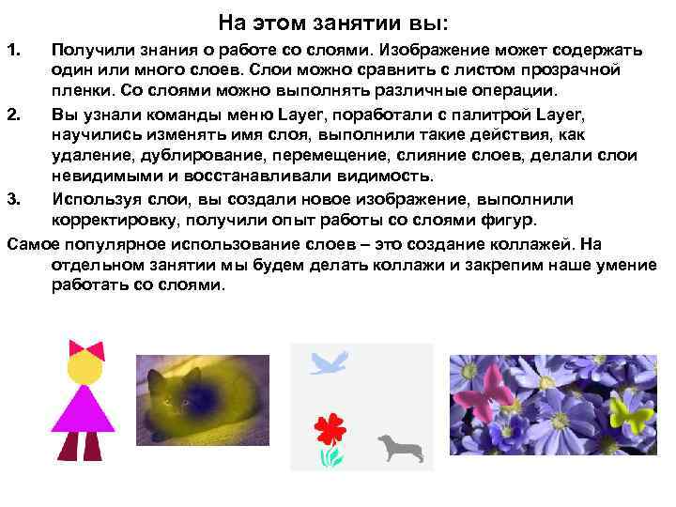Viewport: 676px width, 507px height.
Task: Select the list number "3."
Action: pos(12,199)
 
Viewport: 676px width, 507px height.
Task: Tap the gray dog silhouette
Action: pos(395,447)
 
